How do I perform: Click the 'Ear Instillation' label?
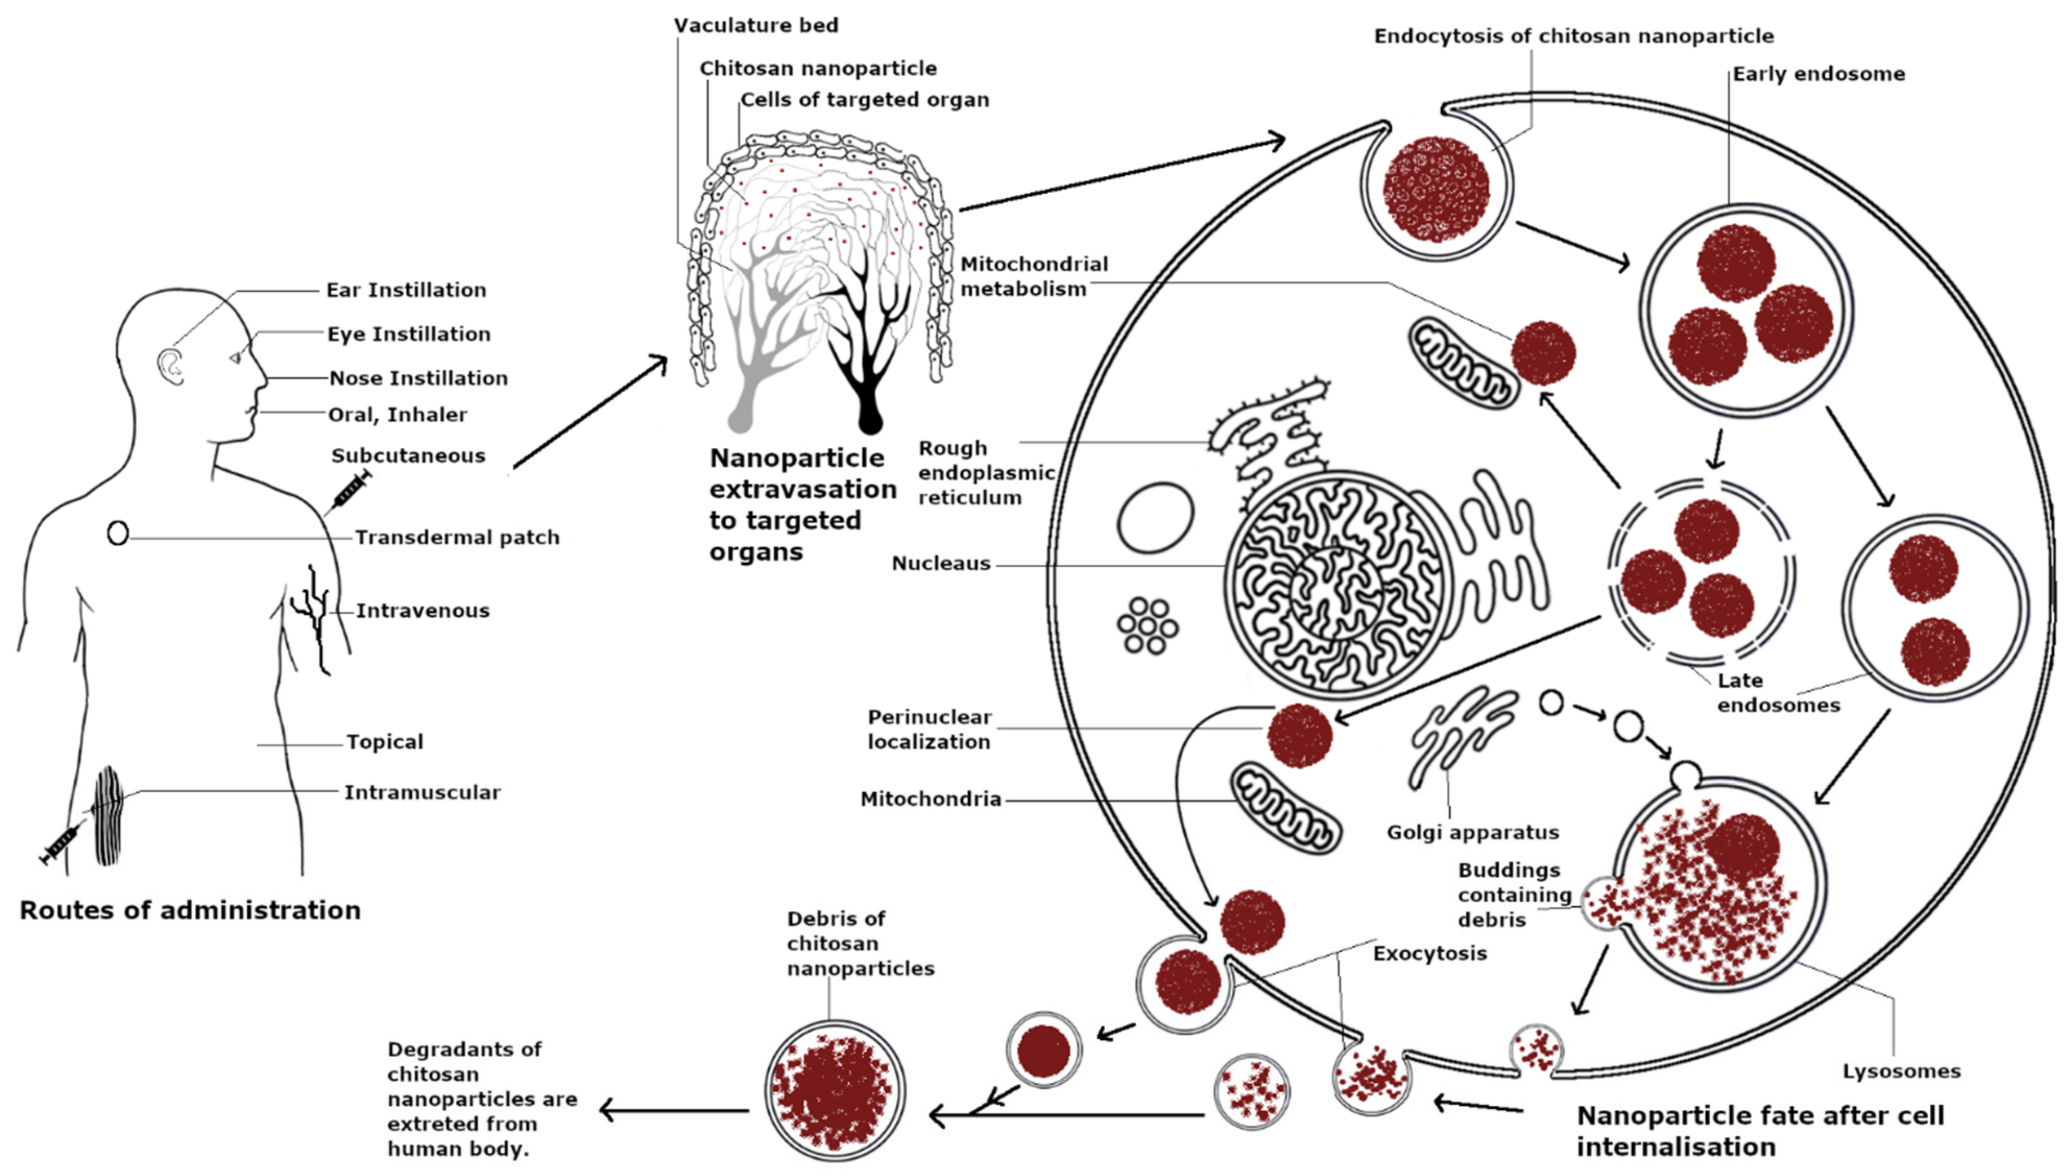click(406, 290)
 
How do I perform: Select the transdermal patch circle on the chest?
click(118, 533)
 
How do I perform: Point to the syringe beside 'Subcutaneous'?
click(348, 490)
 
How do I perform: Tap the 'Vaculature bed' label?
click(756, 25)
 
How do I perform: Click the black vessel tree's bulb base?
click(870, 419)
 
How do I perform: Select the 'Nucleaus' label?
click(941, 563)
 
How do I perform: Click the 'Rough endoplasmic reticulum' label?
click(986, 472)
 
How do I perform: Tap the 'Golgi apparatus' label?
click(1473, 832)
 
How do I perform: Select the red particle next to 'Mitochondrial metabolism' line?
click(1543, 353)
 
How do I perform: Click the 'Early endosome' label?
click(1818, 74)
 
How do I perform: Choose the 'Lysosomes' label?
click(1901, 1071)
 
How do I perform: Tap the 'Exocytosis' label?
click(1430, 953)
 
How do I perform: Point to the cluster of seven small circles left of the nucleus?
click(1147, 626)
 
